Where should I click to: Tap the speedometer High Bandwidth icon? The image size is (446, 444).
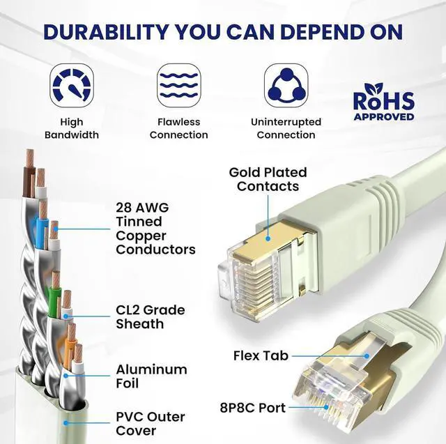tap(72, 85)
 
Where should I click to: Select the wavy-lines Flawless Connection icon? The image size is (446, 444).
tap(178, 85)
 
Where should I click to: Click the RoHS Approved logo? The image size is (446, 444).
tap(383, 102)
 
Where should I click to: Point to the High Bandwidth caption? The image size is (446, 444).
tap(72, 128)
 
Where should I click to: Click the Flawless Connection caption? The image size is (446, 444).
tap(178, 128)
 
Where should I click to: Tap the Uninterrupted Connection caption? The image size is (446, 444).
tap(286, 128)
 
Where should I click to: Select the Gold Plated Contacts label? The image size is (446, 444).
tap(268, 179)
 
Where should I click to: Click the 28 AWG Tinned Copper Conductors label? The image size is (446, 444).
tap(155, 229)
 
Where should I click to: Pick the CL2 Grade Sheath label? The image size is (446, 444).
tap(150, 317)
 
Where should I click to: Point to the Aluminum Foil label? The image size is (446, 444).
tap(151, 376)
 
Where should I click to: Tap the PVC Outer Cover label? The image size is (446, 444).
tap(150, 424)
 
